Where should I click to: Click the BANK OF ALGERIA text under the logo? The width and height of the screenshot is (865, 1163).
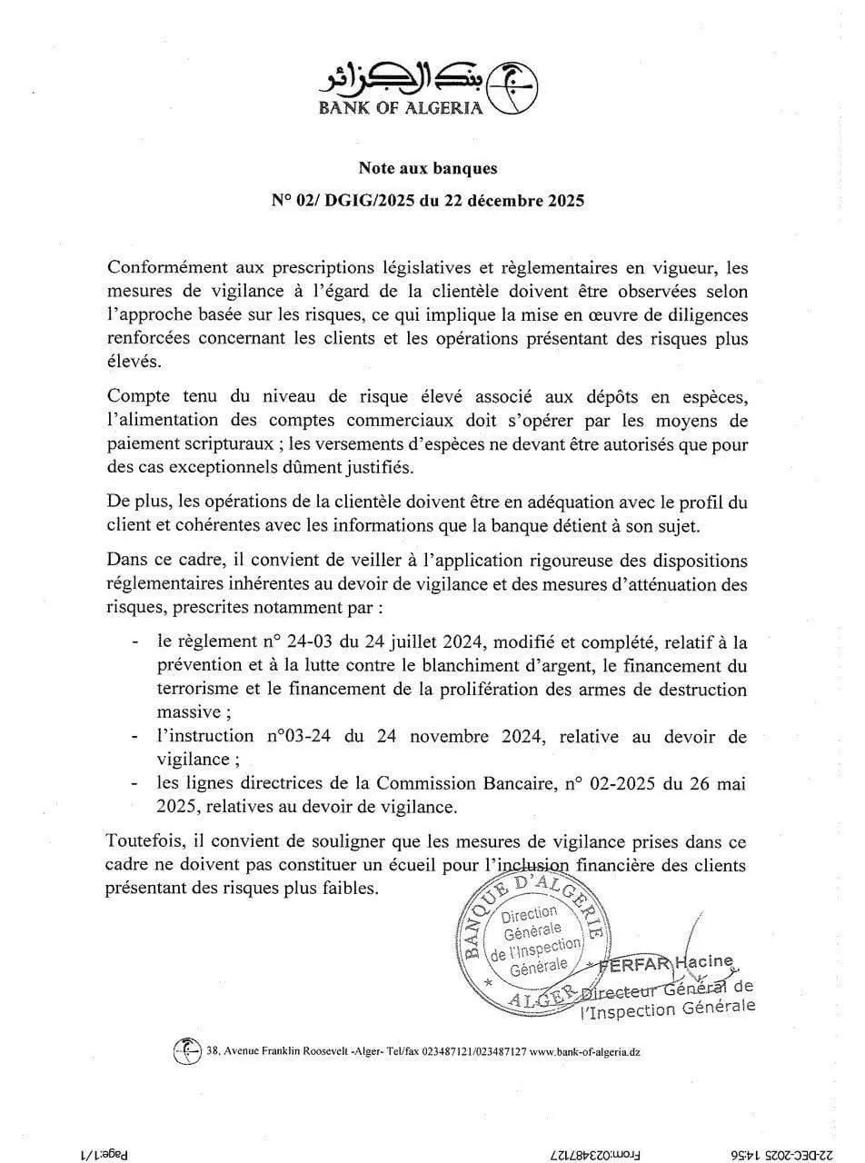click(x=400, y=108)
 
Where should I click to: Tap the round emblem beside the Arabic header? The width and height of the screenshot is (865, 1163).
click(x=512, y=88)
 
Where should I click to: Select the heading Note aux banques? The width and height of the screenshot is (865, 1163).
click(x=428, y=168)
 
